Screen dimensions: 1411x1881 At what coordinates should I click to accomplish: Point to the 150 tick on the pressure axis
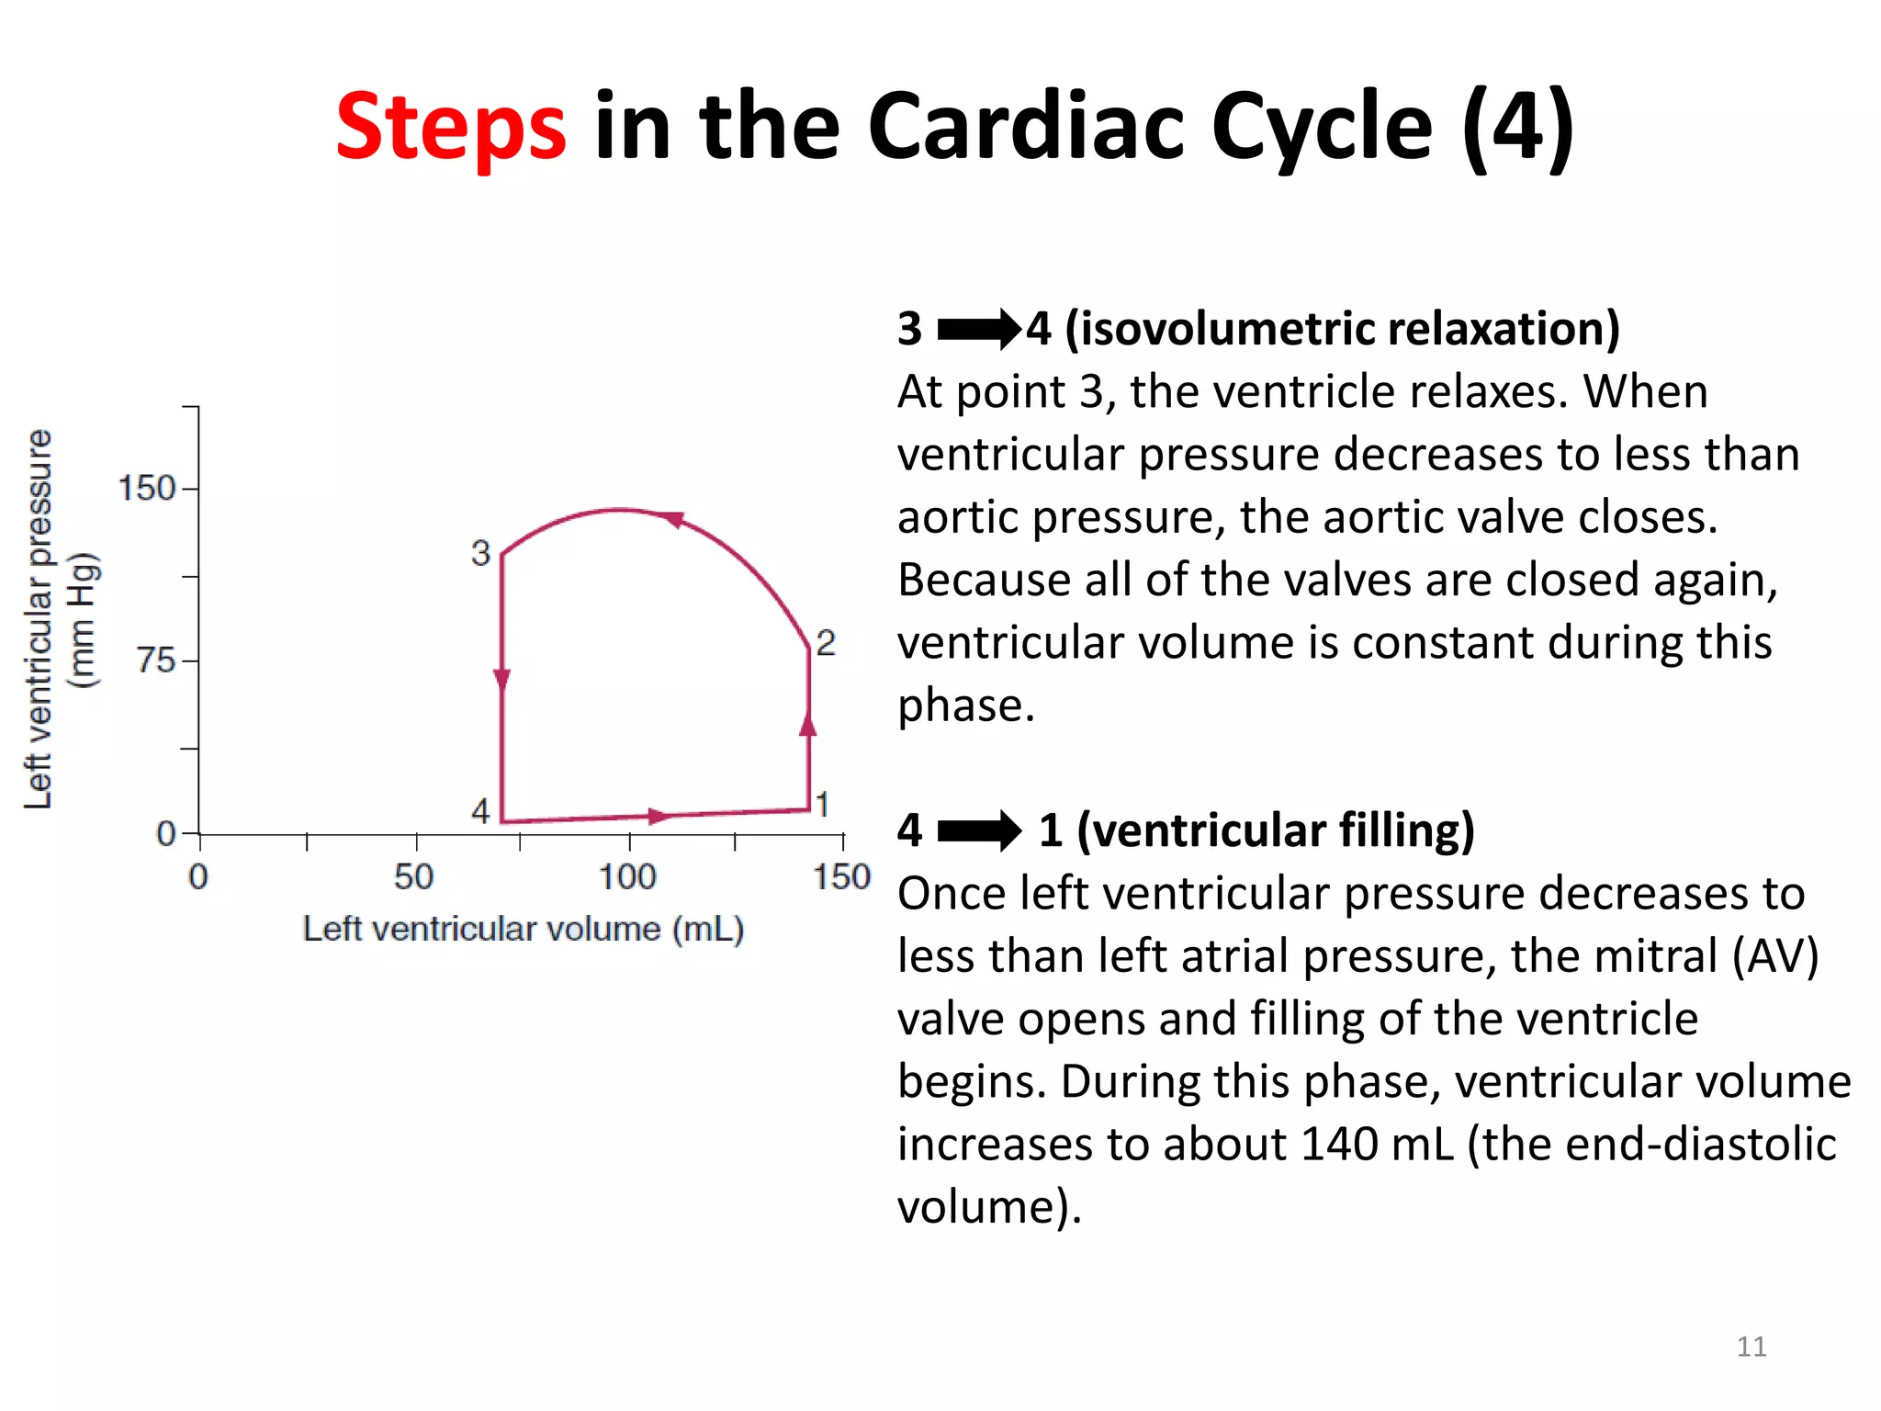pos(147,488)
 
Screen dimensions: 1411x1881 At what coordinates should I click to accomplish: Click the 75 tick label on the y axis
pos(156,660)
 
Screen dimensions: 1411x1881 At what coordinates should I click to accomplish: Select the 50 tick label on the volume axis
pos(413,876)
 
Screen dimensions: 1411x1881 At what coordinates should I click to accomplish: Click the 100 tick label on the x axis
pos(627,876)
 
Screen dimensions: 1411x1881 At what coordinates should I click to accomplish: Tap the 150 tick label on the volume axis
pos(841,876)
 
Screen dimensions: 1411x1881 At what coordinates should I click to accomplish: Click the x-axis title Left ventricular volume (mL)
pos(523,929)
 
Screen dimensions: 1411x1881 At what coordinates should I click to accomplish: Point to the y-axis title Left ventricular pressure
pos(39,619)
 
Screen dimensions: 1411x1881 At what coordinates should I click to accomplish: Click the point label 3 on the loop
pos(480,553)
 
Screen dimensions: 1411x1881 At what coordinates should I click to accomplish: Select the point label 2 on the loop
pos(826,643)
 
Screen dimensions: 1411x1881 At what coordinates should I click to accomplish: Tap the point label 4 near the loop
pos(480,810)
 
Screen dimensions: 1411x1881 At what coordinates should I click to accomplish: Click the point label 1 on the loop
pos(823,805)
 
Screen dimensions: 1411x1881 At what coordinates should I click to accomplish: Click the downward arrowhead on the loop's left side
pos(502,681)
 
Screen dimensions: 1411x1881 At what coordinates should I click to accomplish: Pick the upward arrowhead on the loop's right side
pos(808,725)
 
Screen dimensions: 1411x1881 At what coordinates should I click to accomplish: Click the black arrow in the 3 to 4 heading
pos(978,329)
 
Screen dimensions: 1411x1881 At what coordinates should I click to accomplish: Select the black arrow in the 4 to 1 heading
pos(978,830)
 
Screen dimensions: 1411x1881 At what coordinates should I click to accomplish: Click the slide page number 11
pos(1751,1347)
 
